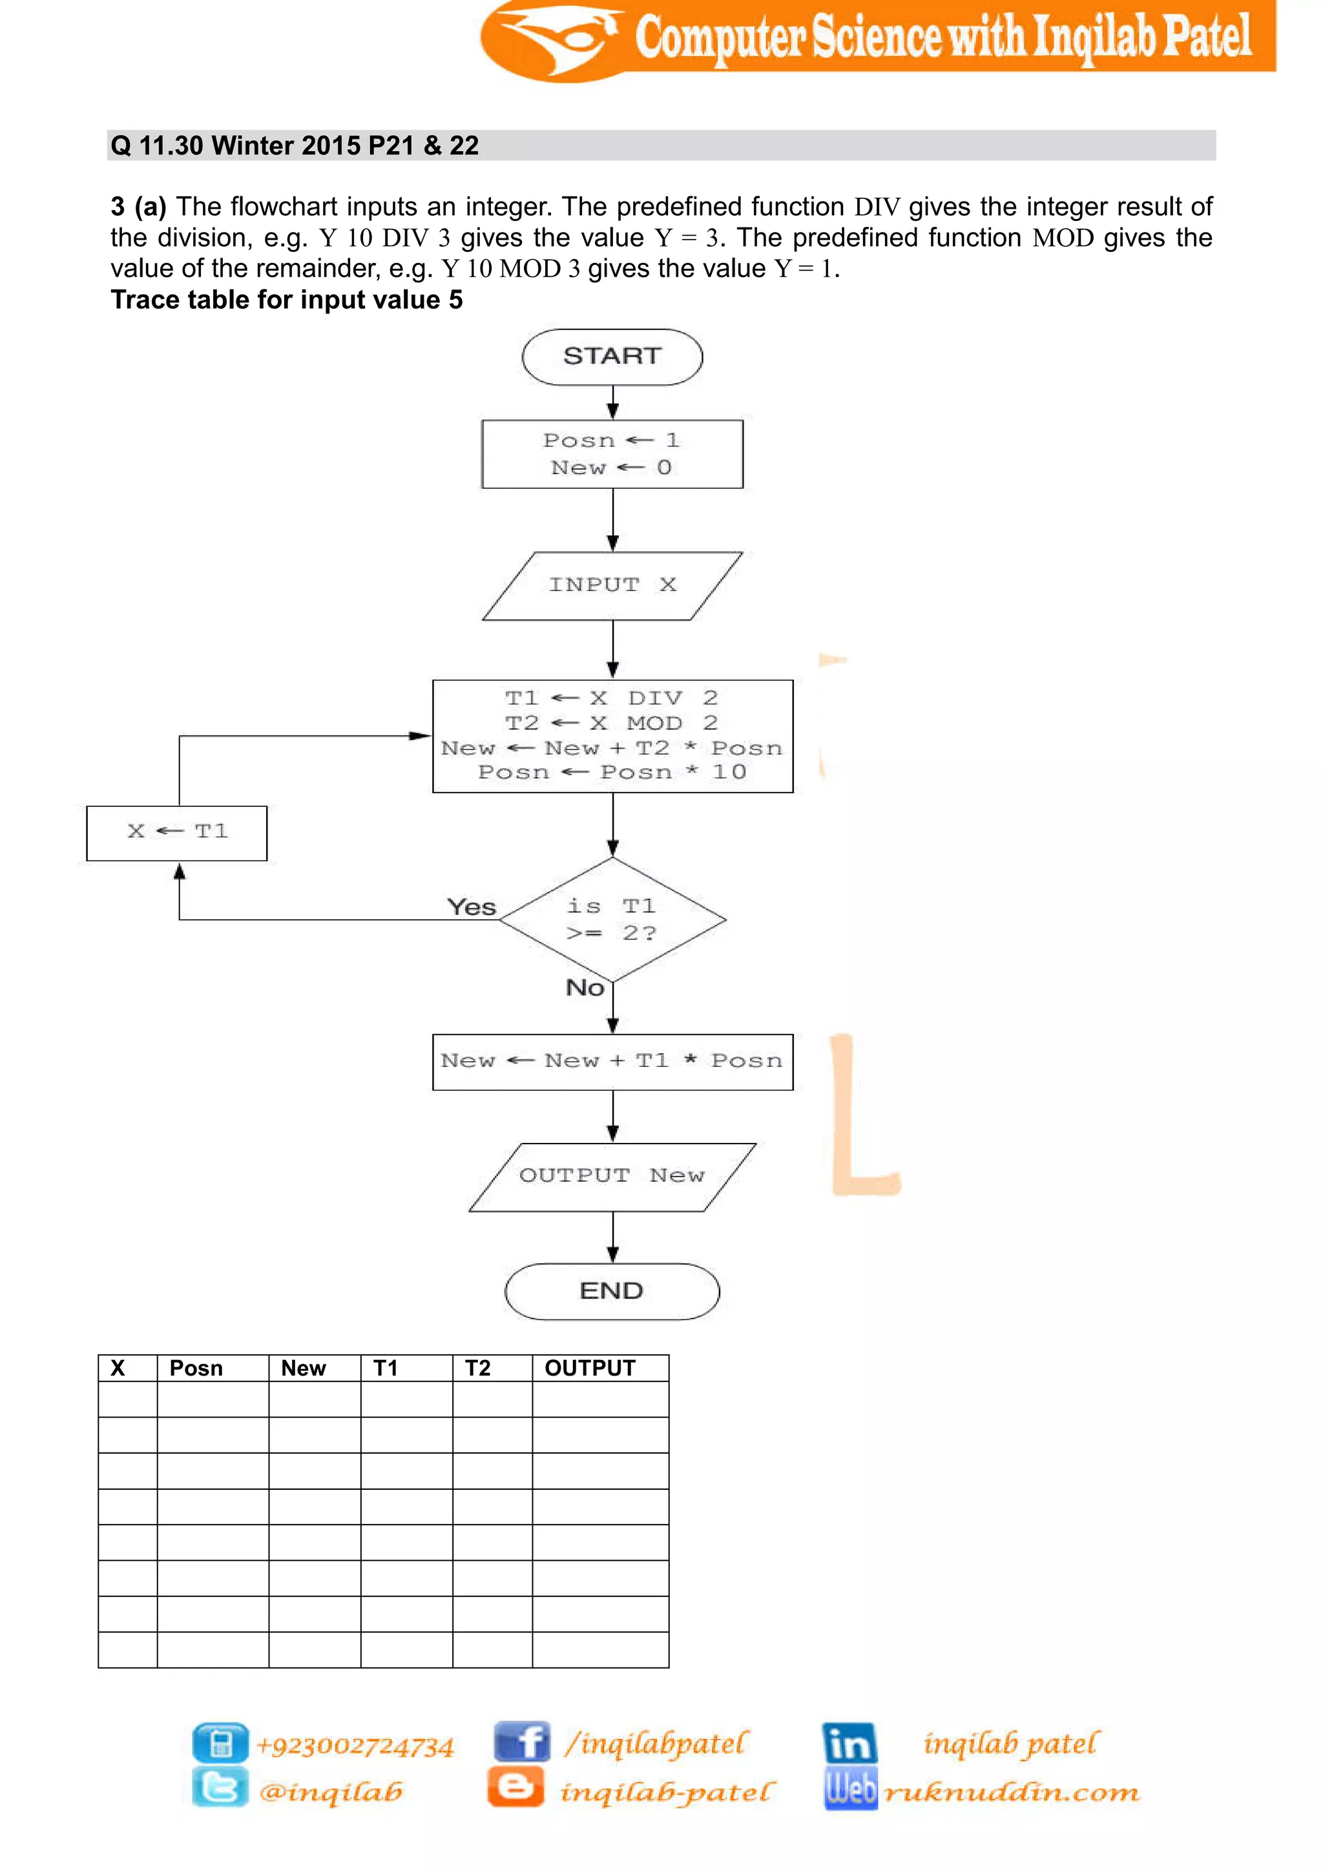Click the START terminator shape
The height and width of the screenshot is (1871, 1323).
pyautogui.click(x=612, y=357)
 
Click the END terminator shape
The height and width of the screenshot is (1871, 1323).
pyautogui.click(x=612, y=1291)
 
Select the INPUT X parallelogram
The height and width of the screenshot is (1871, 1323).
pyautogui.click(x=612, y=585)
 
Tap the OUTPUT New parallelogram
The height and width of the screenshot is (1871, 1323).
pyautogui.click(x=612, y=1176)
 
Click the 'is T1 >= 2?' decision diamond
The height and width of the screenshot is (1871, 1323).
pyautogui.click(x=612, y=920)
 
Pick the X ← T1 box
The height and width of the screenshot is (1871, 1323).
pyautogui.click(x=177, y=832)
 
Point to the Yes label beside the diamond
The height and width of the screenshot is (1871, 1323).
pyautogui.click(x=472, y=907)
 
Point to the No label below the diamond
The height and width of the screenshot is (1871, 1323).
pyautogui.click(x=585, y=988)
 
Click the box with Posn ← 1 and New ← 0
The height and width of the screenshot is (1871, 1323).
pyautogui.click(x=612, y=454)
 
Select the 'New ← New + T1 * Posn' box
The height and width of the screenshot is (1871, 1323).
pyautogui.click(x=612, y=1061)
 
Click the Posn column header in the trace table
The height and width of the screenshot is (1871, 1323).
pyautogui.click(x=196, y=1368)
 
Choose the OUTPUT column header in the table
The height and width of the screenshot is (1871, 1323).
pyautogui.click(x=590, y=1368)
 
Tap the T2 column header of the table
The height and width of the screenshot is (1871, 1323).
pyautogui.click(x=478, y=1368)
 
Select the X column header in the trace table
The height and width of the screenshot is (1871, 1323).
pyautogui.click(x=118, y=1368)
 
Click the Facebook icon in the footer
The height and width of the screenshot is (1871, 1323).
pyautogui.click(x=521, y=1741)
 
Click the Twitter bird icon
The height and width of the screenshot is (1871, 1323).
pyautogui.click(x=220, y=1787)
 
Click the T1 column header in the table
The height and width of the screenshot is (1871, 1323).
pyautogui.click(x=386, y=1368)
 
